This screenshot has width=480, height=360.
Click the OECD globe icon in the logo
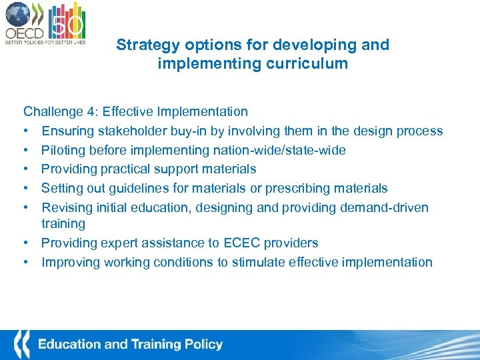pyautogui.click(x=17, y=15)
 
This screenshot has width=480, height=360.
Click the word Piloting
pyautogui.click(x=64, y=151)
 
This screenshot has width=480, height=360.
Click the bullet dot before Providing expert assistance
pyautogui.click(x=28, y=243)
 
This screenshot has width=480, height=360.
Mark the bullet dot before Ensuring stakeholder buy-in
pyautogui.click(x=28, y=131)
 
